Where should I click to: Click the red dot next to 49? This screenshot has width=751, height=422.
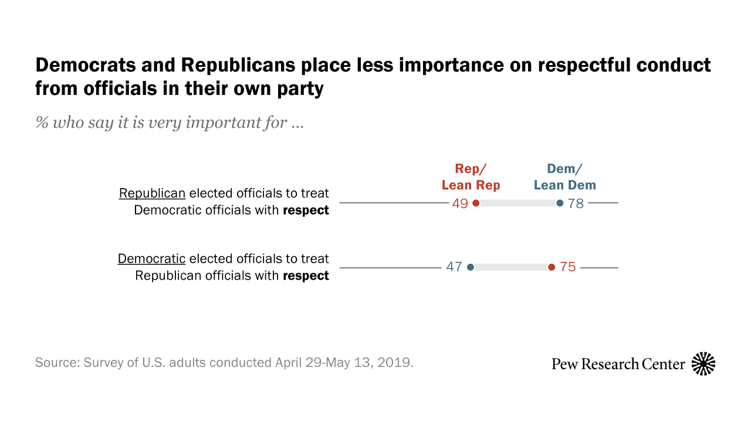[476, 203]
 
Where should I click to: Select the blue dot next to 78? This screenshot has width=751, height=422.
[560, 203]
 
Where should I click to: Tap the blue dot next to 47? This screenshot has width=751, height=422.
[470, 267]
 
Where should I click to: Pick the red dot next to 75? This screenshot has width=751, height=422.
[551, 267]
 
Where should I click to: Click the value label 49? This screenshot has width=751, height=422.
[461, 203]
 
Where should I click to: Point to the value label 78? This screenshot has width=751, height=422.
[576, 203]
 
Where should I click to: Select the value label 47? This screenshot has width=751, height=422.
[454, 267]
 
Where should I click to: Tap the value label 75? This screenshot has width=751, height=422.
[567, 267]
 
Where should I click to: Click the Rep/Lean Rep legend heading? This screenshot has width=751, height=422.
[471, 177]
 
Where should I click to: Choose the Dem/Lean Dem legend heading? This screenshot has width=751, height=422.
[564, 177]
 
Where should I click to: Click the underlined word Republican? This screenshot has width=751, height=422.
[153, 193]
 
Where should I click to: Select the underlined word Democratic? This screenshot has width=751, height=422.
[152, 258]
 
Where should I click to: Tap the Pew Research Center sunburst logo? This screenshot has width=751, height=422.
[703, 364]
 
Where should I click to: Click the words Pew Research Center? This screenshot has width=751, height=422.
[618, 364]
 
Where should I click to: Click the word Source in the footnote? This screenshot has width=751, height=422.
[56, 362]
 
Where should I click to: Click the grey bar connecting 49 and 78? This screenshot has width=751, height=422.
[517, 203]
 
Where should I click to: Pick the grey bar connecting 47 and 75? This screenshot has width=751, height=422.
[510, 267]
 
